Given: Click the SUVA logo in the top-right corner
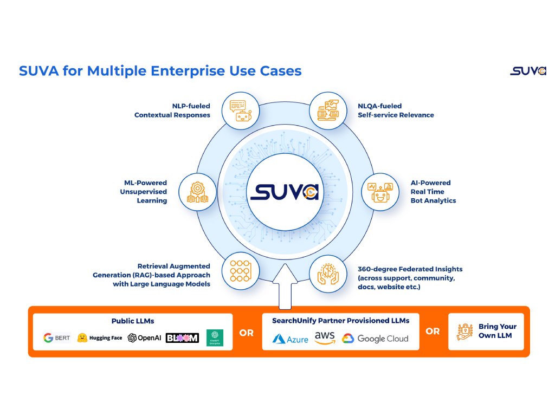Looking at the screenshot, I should [x=527, y=71].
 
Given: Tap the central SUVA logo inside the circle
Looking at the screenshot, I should [x=284, y=191].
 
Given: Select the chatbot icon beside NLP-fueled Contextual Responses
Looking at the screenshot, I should [x=241, y=110].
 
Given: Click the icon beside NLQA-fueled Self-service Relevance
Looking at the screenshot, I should [x=327, y=110].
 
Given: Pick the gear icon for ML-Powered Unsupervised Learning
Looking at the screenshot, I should [x=197, y=192].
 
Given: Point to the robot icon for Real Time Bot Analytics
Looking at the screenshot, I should [x=380, y=192].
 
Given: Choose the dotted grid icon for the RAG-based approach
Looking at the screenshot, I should [x=241, y=270].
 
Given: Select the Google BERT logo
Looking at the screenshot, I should [x=57, y=338].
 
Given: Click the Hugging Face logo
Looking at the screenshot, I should [x=100, y=338].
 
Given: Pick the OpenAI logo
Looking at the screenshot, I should [x=144, y=338].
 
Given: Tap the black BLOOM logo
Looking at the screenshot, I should [x=182, y=338].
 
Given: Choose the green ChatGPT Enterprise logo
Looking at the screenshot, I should [x=215, y=338].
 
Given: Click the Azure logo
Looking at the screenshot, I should [x=290, y=339].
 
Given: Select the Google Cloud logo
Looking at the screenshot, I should [x=375, y=339].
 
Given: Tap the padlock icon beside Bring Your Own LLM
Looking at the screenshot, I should [x=464, y=331].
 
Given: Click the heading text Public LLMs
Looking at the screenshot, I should [x=133, y=321].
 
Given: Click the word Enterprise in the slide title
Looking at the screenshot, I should [x=175, y=71].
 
